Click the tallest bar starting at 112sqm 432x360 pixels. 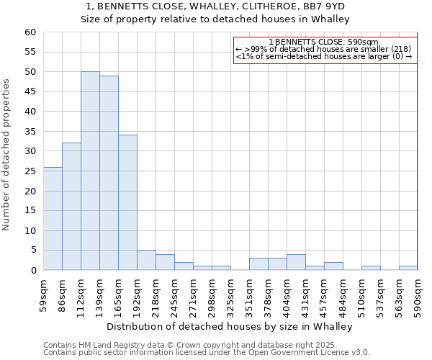point(90,171)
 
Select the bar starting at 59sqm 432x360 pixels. point(53,219)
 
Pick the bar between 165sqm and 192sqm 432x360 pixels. point(127,202)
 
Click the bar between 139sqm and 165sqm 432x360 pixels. point(109,173)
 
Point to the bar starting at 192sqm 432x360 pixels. point(146,260)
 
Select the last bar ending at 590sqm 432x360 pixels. point(408,268)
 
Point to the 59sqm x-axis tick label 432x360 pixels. point(43,294)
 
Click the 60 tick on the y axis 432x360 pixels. point(30,32)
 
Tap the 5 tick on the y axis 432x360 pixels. point(33,251)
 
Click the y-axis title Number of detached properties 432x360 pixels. point(6,155)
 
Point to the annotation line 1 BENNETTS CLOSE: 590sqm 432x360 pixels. point(323,42)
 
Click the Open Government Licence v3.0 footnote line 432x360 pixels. point(207,352)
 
